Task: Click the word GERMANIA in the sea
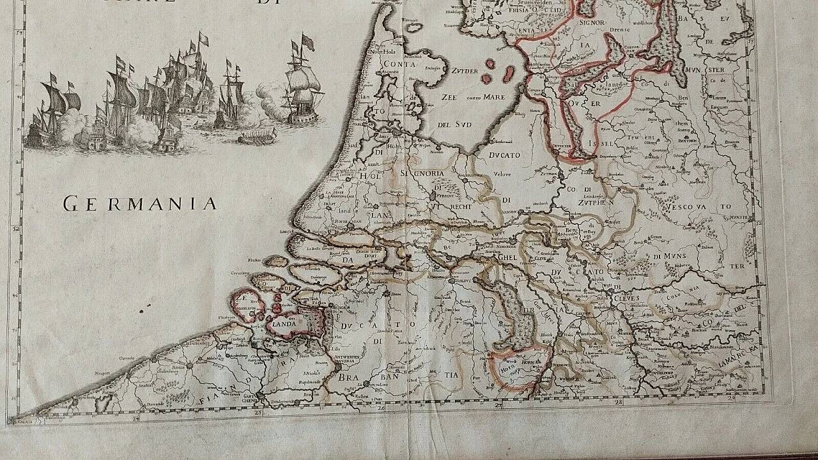point(141,204)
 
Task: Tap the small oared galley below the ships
point(258,135)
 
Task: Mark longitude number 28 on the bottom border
point(618,402)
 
